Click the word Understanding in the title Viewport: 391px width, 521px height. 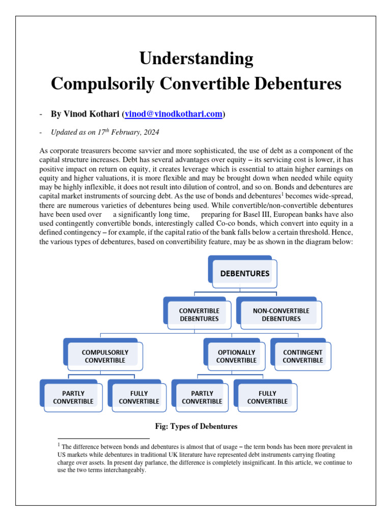[x=196, y=59]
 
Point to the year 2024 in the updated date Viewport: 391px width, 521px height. [x=151, y=133]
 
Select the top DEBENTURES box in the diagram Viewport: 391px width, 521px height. [x=244, y=273]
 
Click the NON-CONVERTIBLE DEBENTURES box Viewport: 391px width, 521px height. [x=281, y=314]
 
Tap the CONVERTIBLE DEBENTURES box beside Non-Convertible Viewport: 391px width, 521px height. [x=199, y=314]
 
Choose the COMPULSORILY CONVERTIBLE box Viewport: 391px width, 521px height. [x=105, y=356]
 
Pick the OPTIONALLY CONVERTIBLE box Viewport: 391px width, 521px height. [x=236, y=356]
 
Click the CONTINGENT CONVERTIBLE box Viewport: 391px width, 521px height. [x=302, y=356]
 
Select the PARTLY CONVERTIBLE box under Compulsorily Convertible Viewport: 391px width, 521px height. [x=73, y=397]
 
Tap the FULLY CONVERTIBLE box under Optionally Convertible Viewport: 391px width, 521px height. [x=267, y=397]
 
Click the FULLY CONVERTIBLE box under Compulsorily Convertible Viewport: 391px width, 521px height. [x=139, y=397]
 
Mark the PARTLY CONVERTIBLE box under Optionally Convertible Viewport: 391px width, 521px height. [x=202, y=397]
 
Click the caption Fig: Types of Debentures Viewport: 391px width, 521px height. [x=196, y=426]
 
